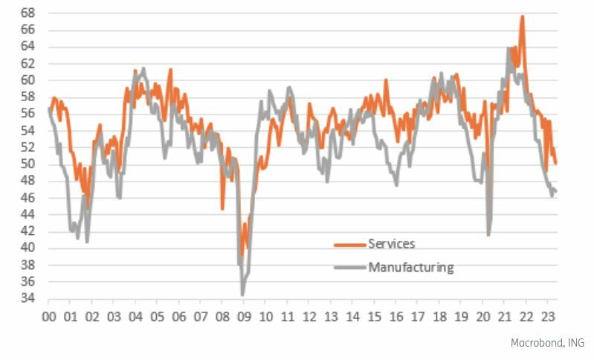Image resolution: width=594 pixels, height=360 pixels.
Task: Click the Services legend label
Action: (x=391, y=244)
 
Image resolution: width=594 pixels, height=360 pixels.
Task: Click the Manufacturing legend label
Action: (x=410, y=267)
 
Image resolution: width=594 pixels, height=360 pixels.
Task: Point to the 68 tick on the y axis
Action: (x=27, y=13)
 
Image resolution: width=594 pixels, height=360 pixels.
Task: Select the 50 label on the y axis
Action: (x=27, y=164)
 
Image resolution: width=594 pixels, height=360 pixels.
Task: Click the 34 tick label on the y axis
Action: (x=27, y=299)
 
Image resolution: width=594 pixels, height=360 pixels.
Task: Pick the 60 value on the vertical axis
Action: (x=27, y=80)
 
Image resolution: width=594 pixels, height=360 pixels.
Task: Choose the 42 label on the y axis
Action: (x=27, y=231)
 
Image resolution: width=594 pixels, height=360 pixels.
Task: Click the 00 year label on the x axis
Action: (x=49, y=317)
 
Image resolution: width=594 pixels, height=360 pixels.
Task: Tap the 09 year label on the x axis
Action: (x=244, y=317)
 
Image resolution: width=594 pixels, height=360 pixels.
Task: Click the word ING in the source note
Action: (x=575, y=343)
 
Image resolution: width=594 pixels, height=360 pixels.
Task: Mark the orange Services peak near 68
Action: (x=523, y=16)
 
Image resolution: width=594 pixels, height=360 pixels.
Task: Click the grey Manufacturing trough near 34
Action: (x=242, y=295)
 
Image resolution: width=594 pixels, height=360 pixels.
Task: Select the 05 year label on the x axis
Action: (x=158, y=317)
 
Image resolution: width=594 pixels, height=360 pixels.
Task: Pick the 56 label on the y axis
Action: (x=27, y=114)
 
